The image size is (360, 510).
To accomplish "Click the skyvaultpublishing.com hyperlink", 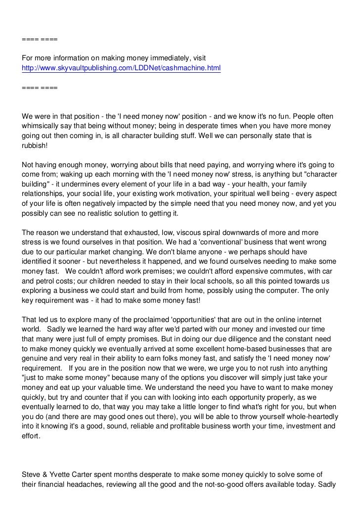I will pos(121,67).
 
